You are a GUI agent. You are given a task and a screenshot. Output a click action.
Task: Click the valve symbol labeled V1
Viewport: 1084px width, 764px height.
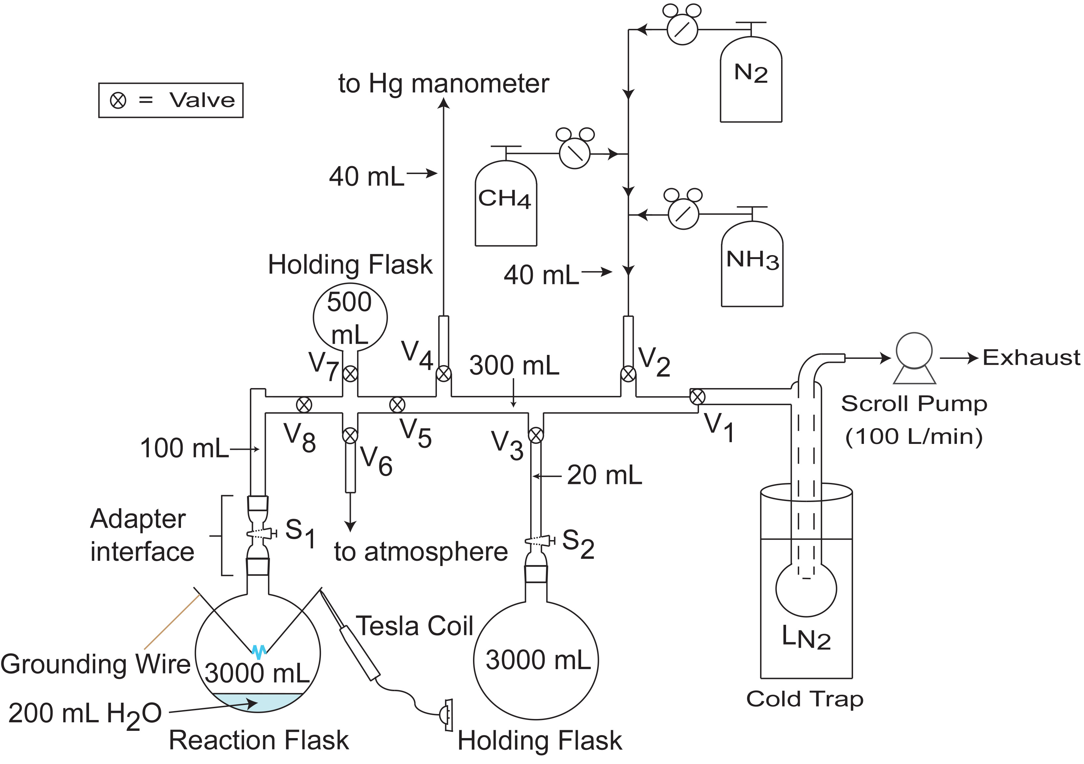tap(697, 397)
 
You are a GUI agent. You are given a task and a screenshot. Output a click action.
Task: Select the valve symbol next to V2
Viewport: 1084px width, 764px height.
tap(628, 375)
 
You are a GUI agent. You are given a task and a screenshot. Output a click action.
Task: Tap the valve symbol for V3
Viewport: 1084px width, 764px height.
tap(535, 435)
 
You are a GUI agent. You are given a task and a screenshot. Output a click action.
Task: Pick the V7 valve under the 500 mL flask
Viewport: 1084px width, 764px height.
tap(350, 374)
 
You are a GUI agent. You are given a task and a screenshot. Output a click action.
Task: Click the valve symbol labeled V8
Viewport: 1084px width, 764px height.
tap(304, 404)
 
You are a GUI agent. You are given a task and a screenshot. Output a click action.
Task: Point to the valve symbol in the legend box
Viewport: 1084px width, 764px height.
tap(118, 100)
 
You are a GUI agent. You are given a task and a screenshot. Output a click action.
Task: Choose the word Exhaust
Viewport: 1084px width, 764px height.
tap(1031, 358)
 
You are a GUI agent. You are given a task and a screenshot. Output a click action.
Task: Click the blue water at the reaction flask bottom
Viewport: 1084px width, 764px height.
tap(258, 702)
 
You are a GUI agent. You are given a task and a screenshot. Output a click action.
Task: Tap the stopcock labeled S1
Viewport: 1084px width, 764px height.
tap(261, 534)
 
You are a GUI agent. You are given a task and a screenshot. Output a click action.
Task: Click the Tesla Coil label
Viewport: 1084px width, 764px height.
tap(414, 626)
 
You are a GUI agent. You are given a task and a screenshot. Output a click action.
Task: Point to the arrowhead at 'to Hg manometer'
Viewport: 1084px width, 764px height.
tap(443, 103)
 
